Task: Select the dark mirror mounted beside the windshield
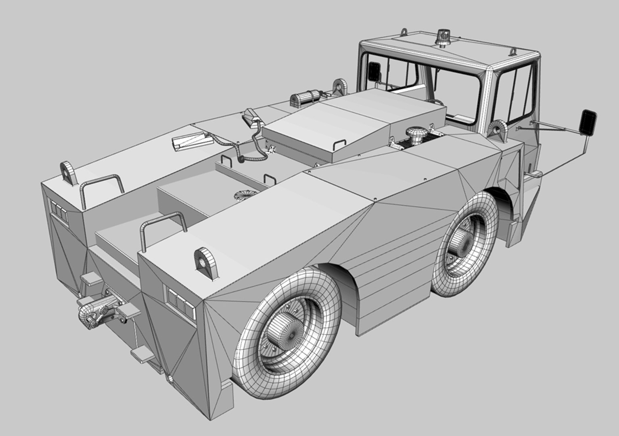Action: [x=374, y=71]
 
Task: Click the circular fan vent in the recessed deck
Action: [x=245, y=195]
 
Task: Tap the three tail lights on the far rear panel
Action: [x=59, y=212]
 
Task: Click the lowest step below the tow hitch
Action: [x=142, y=355]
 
